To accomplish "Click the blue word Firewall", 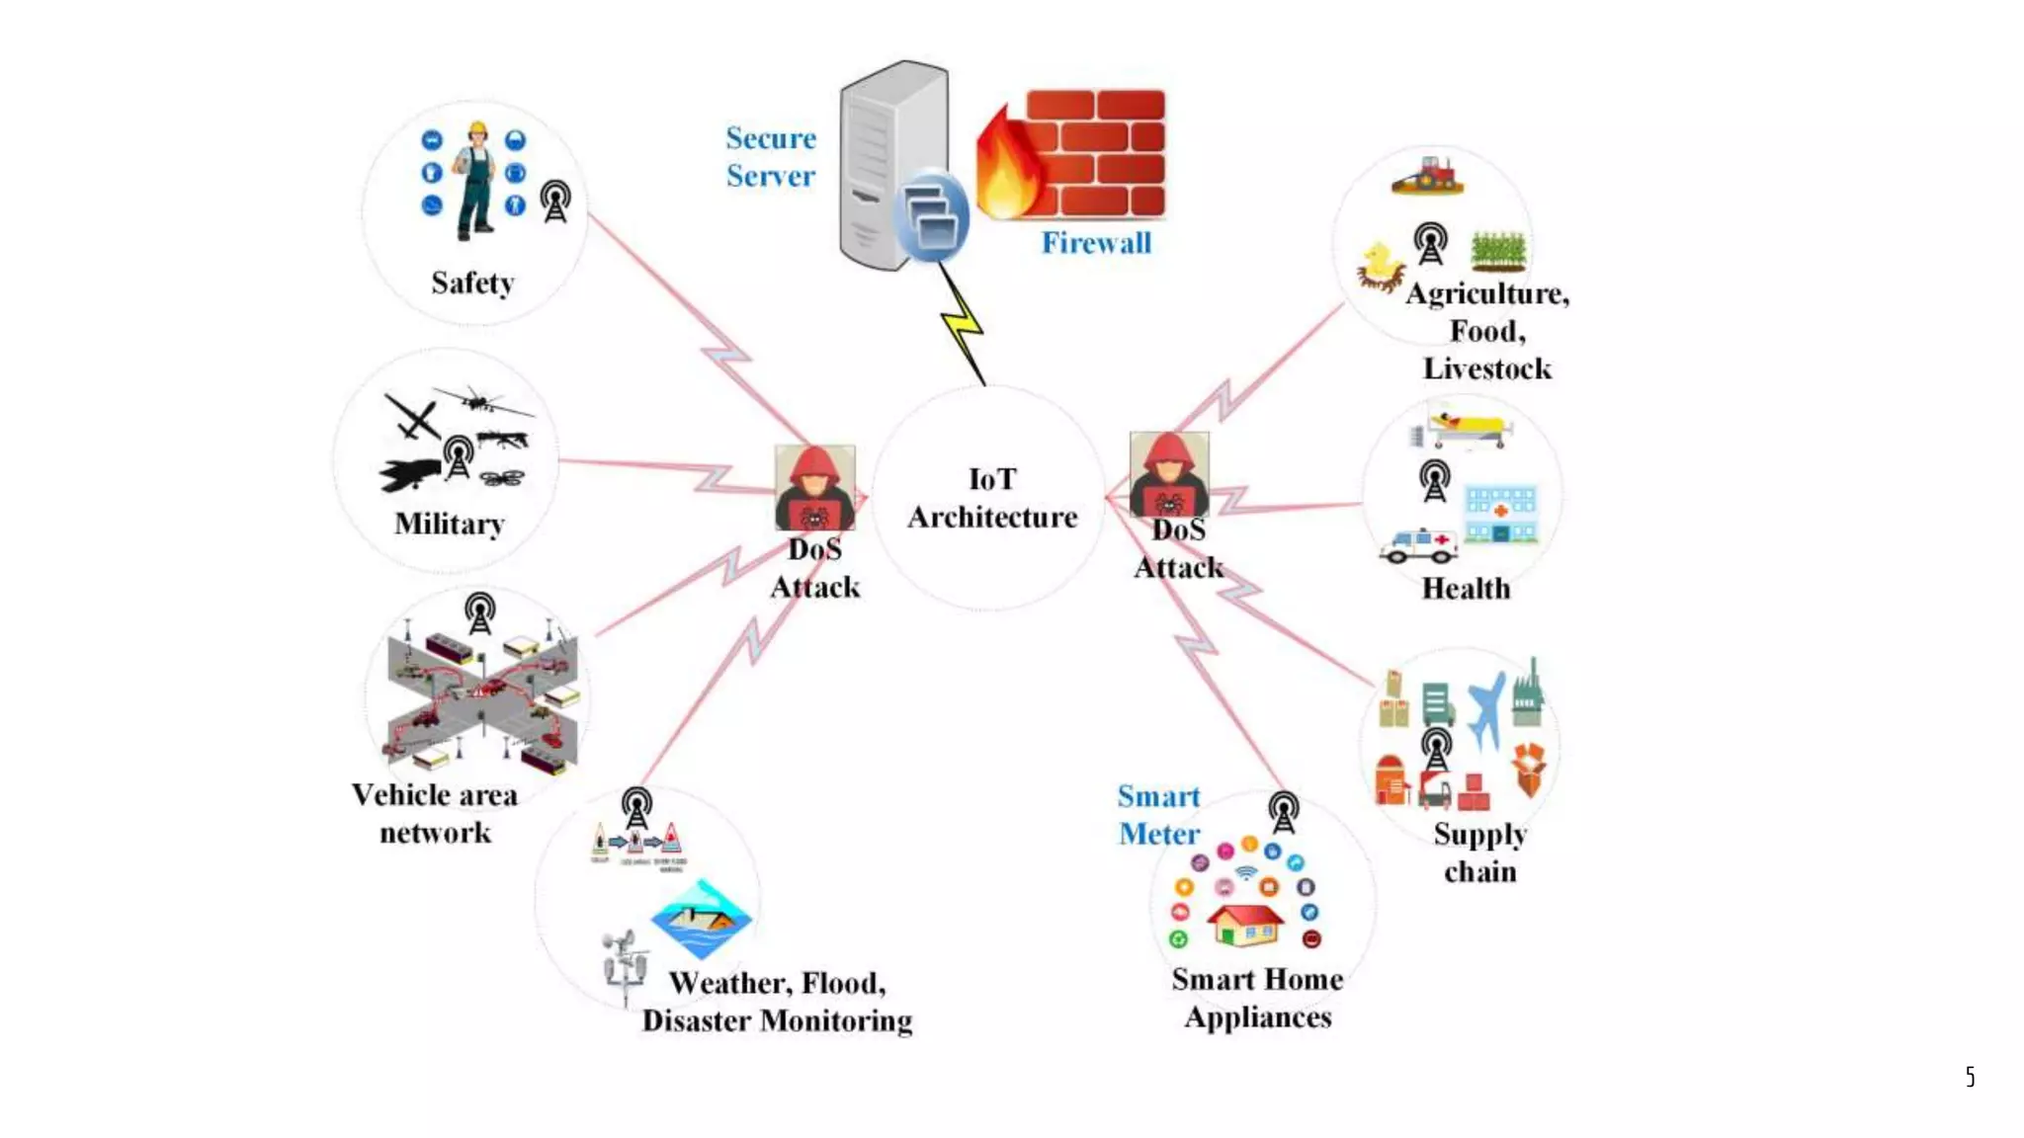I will [x=1096, y=243].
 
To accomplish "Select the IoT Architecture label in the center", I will [x=991, y=498].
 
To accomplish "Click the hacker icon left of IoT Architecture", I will [x=814, y=487].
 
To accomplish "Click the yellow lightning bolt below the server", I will [x=962, y=326].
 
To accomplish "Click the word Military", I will [x=450, y=524].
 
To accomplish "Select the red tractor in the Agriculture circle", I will [x=1427, y=176].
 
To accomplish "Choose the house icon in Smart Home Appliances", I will [x=1244, y=924].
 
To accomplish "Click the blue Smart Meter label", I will [x=1158, y=815].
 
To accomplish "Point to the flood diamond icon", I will [x=701, y=919].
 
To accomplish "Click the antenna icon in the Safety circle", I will [x=555, y=202].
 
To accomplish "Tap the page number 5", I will [x=1970, y=1077].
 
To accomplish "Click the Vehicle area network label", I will [x=435, y=814].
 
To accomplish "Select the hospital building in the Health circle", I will [x=1500, y=514].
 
